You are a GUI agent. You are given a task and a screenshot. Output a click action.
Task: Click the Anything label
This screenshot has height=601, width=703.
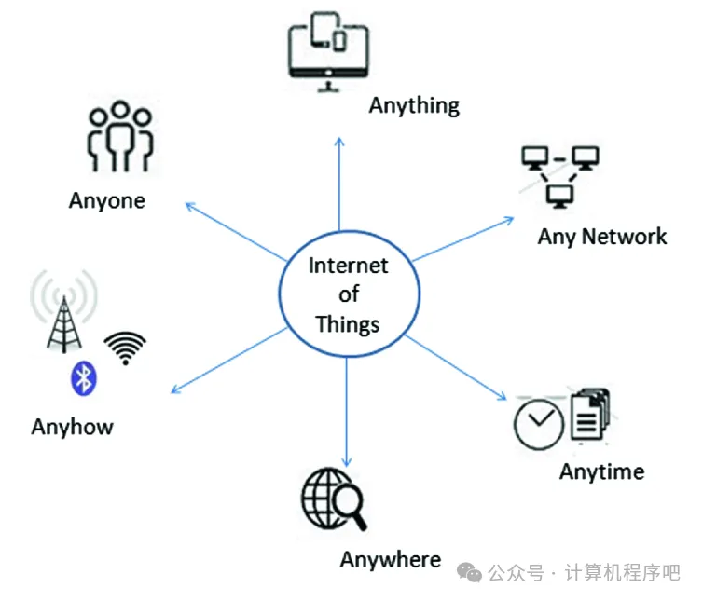(x=414, y=105)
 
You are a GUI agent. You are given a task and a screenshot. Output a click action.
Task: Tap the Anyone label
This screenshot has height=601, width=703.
(x=107, y=200)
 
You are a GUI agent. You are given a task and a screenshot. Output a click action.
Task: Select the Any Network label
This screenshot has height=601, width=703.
(x=601, y=237)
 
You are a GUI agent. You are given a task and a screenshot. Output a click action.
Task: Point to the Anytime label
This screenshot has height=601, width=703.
(x=601, y=471)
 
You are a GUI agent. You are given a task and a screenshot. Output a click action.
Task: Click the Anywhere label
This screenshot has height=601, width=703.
(x=390, y=560)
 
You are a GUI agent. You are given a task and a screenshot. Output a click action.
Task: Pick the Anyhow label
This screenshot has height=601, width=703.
(x=72, y=427)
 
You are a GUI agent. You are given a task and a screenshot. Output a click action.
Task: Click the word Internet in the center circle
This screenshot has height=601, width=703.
(x=349, y=266)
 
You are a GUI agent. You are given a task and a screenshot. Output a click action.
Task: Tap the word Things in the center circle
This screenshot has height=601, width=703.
(x=348, y=324)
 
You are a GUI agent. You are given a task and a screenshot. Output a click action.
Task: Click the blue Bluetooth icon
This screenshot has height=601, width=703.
(x=85, y=377)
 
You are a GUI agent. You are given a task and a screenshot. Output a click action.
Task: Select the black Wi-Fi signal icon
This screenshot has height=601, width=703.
(x=125, y=348)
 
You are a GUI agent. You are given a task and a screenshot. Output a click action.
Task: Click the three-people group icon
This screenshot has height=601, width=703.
(x=118, y=140)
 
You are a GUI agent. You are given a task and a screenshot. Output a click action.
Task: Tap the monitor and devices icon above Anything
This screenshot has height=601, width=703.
(x=327, y=50)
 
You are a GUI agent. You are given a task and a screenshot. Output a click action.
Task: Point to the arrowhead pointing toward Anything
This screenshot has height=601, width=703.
(x=339, y=141)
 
